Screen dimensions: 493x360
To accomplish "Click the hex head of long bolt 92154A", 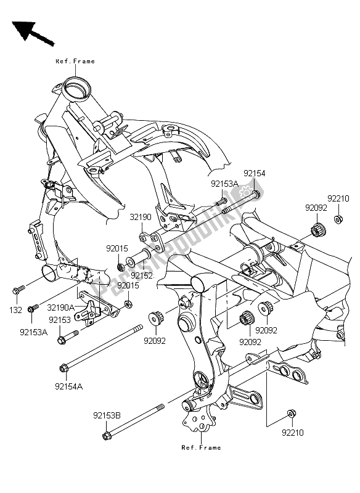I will coord(64,369).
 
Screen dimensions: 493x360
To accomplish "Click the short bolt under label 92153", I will coord(65,339).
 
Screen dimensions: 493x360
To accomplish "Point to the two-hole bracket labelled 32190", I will coord(153,237).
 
